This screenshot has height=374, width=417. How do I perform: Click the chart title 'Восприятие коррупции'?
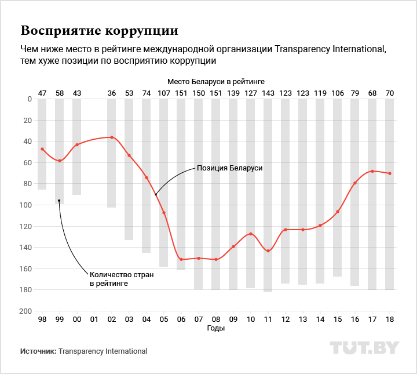coord(99,30)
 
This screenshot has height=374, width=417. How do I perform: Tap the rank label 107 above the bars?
coord(164,93)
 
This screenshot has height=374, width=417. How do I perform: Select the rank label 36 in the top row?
coord(112,93)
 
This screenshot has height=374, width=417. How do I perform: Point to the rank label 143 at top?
coord(268,93)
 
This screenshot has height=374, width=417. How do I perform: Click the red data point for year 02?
coord(112,137)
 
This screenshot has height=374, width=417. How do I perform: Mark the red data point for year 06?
coord(181,259)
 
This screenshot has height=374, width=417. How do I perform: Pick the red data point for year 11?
coord(268,251)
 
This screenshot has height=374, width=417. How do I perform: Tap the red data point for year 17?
coord(372,171)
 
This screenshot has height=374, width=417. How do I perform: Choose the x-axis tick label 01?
coord(94,319)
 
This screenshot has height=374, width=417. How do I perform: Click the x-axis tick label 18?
coord(390,319)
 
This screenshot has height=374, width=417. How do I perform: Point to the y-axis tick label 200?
coord(26,311)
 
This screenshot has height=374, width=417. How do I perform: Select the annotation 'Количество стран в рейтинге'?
coord(121,279)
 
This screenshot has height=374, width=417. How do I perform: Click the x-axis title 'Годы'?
coord(216,328)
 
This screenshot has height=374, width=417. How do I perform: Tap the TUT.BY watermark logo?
coord(364,348)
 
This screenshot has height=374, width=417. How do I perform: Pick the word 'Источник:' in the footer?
coord(38,351)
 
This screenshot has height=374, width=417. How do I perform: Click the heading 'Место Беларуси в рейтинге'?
coord(216,83)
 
